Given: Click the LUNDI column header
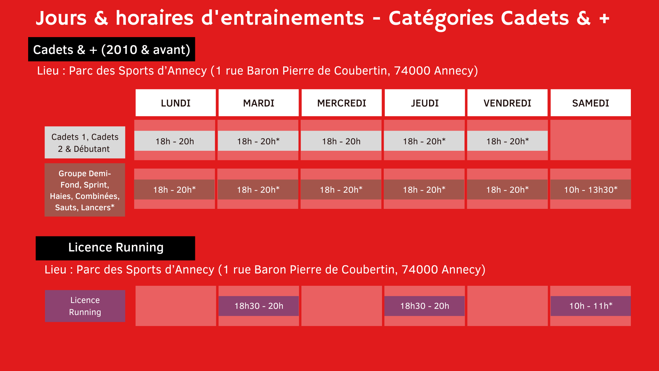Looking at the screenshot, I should tap(175, 103).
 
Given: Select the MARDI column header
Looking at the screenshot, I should tap(258, 103).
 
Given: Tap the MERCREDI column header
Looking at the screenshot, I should tap(342, 103).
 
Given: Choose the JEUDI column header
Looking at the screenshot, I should tap(425, 103).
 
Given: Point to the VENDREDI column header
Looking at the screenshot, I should tap(507, 103).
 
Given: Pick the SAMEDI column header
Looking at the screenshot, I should tap(590, 103).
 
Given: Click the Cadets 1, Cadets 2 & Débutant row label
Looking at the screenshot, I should tap(85, 143).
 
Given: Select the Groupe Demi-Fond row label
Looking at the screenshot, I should tap(85, 190).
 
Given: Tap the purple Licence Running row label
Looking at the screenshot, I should tap(85, 306).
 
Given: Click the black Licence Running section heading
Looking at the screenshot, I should tap(115, 248).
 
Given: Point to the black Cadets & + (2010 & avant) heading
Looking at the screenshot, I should tap(112, 49).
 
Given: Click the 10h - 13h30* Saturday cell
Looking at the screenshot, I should tap(590, 190).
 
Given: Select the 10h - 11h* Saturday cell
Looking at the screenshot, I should tap(590, 306).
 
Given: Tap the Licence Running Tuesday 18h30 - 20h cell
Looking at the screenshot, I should tap(258, 306).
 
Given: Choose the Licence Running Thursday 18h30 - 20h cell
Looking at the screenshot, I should tap(425, 306).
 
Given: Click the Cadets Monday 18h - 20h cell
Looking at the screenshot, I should tap(175, 141).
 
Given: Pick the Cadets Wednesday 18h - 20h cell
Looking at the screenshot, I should tap(341, 141).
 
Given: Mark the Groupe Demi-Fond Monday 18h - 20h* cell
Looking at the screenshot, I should tap(174, 190).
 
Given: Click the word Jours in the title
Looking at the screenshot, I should tap(61, 18).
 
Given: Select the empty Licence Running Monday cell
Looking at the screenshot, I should tap(176, 306).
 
